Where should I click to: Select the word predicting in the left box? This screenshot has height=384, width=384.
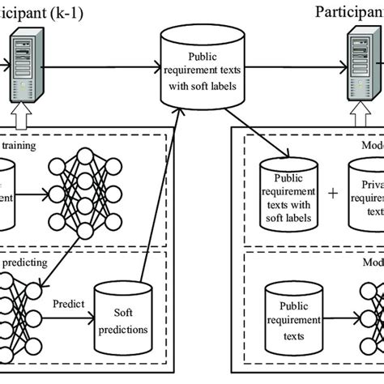26,262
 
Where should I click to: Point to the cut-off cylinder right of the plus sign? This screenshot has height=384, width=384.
366,194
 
